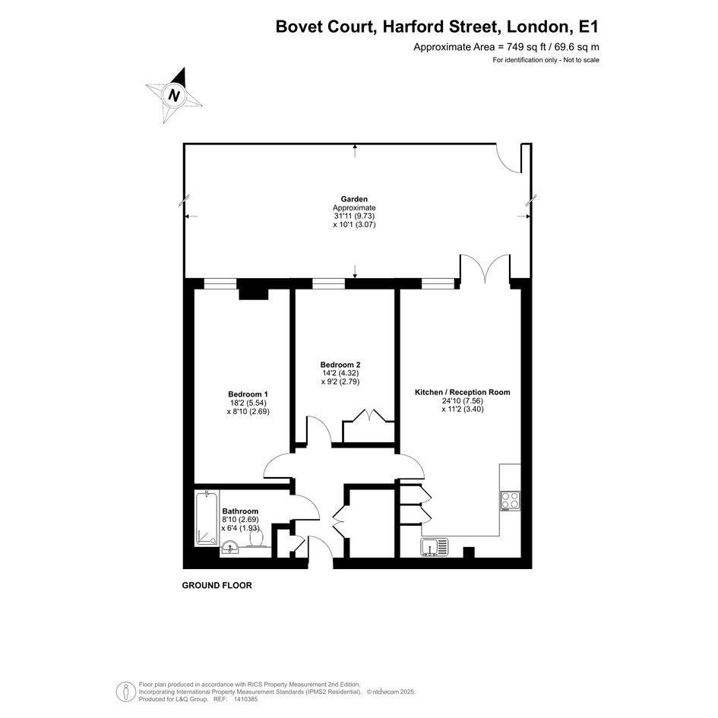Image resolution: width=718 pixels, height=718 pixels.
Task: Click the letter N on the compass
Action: [x=173, y=96]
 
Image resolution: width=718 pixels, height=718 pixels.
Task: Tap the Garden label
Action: [x=354, y=199]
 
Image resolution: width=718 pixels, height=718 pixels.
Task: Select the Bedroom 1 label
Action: [x=248, y=394]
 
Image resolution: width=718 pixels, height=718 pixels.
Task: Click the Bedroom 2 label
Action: [x=340, y=365]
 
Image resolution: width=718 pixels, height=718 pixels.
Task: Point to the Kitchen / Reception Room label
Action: [x=463, y=392]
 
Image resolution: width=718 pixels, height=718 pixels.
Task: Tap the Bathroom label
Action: [x=240, y=511]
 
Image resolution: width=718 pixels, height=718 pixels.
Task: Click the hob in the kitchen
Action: [x=510, y=501]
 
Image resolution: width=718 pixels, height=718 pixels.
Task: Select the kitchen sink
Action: [x=434, y=548]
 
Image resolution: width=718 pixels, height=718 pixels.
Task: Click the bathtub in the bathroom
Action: [x=207, y=518]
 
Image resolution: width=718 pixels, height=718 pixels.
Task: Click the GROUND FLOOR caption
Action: [x=217, y=585]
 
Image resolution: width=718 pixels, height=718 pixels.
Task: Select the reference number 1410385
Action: [x=245, y=699]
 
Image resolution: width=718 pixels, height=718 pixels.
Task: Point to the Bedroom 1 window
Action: [x=220, y=284]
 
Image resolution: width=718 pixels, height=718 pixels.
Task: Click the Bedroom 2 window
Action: [x=328, y=284]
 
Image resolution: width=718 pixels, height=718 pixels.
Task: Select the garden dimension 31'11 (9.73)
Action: [x=354, y=216]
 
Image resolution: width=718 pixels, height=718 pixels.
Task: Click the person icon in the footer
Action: [x=123, y=691]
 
